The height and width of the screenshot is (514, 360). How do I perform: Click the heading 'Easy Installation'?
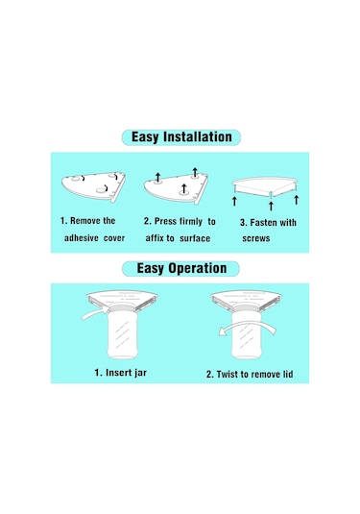[181, 137]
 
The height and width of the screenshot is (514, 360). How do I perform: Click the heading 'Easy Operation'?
[181, 268]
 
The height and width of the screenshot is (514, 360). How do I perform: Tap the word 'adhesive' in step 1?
[82, 237]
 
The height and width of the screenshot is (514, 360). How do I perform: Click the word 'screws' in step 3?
[256, 238]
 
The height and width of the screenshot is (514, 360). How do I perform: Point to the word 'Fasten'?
[264, 223]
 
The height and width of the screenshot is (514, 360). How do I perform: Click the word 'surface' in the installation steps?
[195, 238]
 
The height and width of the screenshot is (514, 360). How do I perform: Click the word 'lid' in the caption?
[288, 374]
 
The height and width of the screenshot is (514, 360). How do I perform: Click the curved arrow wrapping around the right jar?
[248, 326]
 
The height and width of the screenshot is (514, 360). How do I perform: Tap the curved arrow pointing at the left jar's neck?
[95, 313]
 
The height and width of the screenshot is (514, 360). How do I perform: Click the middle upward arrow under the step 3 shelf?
[271, 207]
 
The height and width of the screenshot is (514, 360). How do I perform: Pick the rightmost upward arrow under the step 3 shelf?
[296, 200]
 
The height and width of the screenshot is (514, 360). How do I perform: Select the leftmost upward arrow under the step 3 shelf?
[234, 201]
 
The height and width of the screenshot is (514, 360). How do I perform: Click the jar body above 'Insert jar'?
[122, 334]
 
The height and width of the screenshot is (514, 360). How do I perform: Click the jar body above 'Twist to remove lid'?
[247, 334]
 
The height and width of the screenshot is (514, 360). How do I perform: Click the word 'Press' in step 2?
[165, 221]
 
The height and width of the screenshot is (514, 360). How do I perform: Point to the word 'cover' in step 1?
[114, 238]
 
